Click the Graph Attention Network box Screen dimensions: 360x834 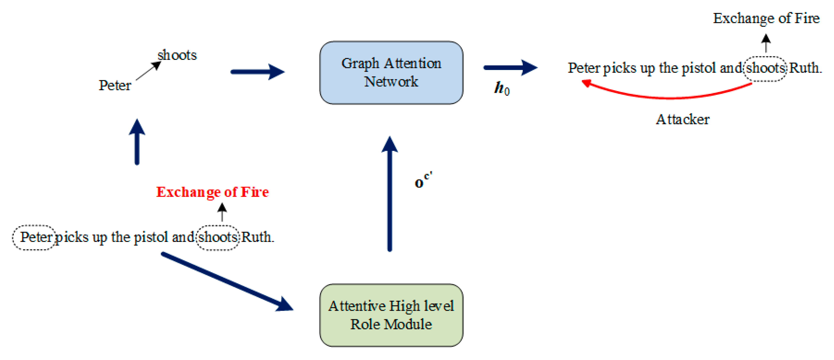(391, 73)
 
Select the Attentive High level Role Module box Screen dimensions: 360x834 (391, 315)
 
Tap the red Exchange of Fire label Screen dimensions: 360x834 (212, 192)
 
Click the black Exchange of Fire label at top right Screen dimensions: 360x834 (766, 18)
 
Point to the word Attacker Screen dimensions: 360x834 (682, 119)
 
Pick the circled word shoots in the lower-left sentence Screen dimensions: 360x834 (218, 237)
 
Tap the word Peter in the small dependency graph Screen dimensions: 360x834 (115, 85)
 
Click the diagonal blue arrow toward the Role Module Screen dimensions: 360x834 (227, 282)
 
